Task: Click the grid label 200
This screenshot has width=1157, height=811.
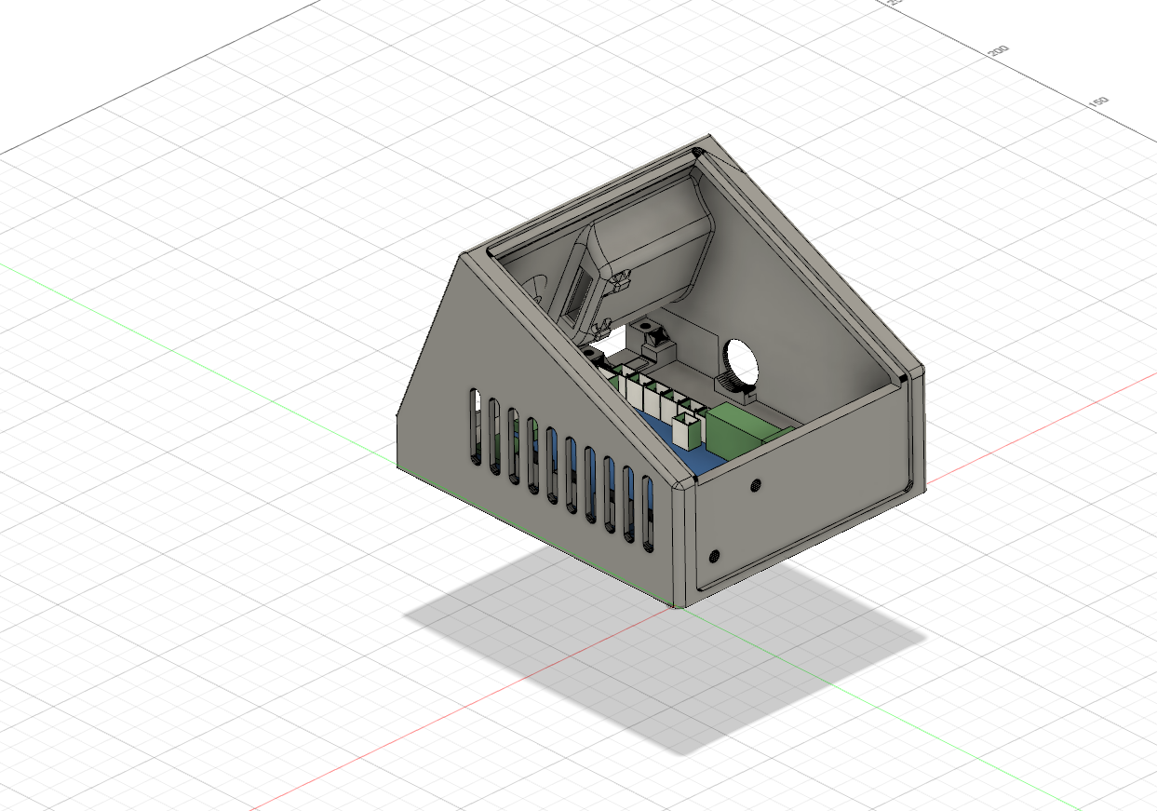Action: click(x=998, y=50)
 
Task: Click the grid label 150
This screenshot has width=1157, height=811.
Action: click(x=1098, y=101)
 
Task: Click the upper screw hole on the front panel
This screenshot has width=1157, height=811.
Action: click(x=755, y=485)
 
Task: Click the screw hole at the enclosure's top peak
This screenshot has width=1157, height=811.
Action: click(x=697, y=152)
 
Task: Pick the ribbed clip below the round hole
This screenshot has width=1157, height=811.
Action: click(x=733, y=385)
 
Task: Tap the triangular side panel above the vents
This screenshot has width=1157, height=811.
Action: click(x=503, y=354)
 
